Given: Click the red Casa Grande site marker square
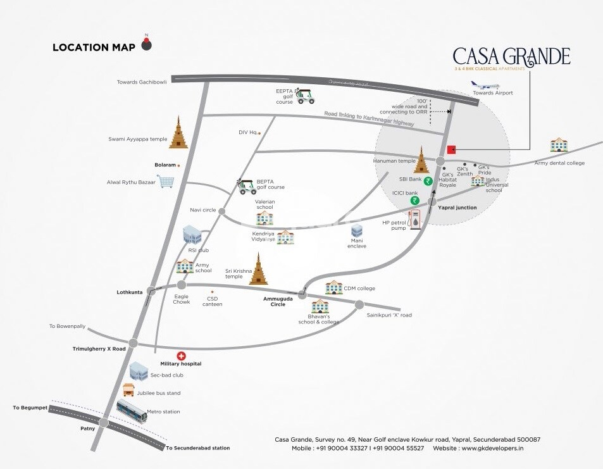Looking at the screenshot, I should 452,150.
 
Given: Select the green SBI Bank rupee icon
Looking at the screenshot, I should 428,181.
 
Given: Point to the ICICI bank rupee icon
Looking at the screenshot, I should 415,201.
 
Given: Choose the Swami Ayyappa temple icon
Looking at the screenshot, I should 178,133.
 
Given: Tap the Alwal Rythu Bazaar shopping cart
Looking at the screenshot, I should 166,182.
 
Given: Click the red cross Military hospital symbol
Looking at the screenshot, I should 180,356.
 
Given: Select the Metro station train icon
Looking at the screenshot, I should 132,411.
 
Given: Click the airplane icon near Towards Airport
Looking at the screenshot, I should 483,85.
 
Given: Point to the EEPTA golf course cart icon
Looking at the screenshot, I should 306,96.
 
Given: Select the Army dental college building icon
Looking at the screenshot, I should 559,145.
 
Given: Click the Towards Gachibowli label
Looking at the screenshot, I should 142,82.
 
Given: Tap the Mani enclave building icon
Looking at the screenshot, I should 357,231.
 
